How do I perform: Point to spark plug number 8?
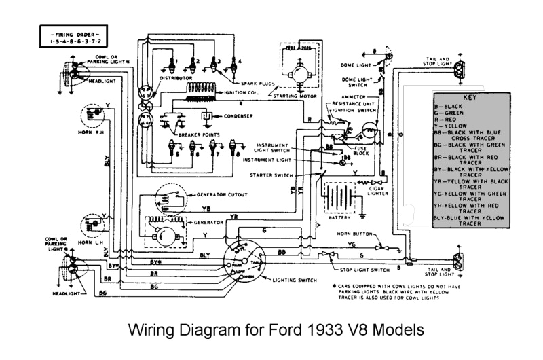pos(234,148)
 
